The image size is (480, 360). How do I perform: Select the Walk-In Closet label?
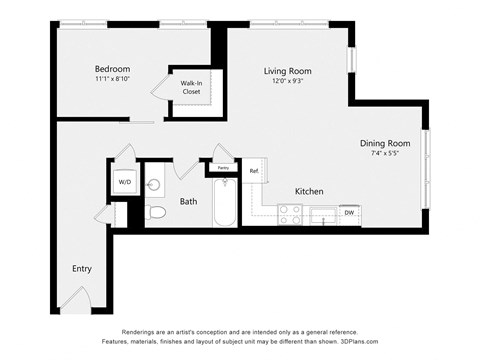pos(190,88)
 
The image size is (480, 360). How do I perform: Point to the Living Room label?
pos(288,71)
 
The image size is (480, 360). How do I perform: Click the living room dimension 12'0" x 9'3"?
pos(288,82)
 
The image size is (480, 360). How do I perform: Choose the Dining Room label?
pos(385,143)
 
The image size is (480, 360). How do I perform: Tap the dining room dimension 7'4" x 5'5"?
pos(385,154)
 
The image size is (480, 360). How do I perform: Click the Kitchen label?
pos(309,191)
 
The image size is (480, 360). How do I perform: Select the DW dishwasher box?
pos(349,213)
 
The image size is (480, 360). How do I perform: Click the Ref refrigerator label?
pos(254,171)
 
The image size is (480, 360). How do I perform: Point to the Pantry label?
pos(223,168)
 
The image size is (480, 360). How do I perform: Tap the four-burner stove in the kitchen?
pos(290,214)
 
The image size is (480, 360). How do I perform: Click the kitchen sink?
pos(323,213)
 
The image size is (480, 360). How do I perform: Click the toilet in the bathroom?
pos(156,213)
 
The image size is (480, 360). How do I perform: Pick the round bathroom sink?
pos(154,185)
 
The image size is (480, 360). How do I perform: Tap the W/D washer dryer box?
pos(125,183)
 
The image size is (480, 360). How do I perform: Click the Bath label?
pos(188,201)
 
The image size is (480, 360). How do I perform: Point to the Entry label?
pos(82,269)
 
